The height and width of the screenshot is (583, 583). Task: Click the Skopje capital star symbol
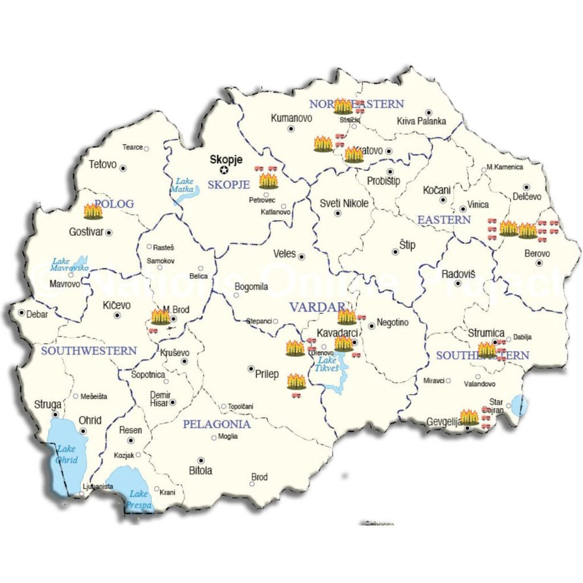click(224, 170)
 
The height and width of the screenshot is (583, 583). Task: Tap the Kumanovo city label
click(291, 118)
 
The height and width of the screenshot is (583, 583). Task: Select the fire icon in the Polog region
click(93, 211)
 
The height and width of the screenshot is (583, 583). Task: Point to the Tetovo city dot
click(123, 168)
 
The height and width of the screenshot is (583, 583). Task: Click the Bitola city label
click(200, 471)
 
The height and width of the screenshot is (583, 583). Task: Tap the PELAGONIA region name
click(217, 424)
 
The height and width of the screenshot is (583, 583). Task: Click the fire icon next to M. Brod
click(160, 316)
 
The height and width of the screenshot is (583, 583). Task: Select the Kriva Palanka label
click(421, 121)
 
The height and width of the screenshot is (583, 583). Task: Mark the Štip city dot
click(395, 252)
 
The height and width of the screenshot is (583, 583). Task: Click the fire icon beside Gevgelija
click(469, 416)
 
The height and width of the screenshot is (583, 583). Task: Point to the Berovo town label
click(537, 254)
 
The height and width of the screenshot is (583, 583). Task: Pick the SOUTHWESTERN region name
click(89, 351)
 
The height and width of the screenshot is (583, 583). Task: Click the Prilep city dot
click(251, 368)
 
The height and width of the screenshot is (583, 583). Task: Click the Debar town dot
click(21, 312)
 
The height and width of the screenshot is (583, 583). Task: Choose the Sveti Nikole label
click(344, 203)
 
